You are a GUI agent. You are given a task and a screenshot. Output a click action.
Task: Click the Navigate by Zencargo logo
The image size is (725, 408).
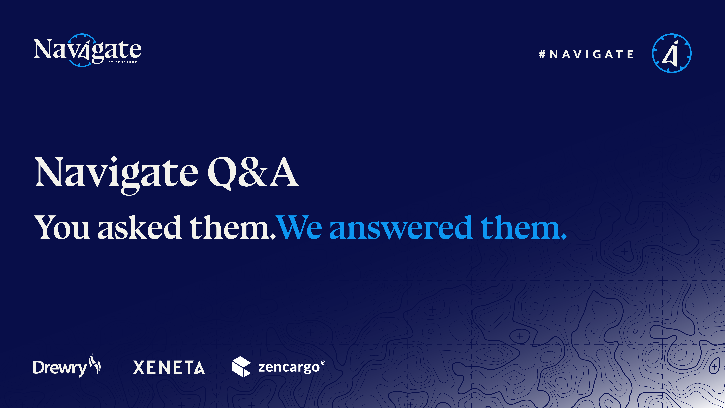87,50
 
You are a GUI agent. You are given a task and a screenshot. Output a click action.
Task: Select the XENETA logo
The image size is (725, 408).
169,367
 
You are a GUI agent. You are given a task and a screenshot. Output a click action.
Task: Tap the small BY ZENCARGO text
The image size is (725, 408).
123,62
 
